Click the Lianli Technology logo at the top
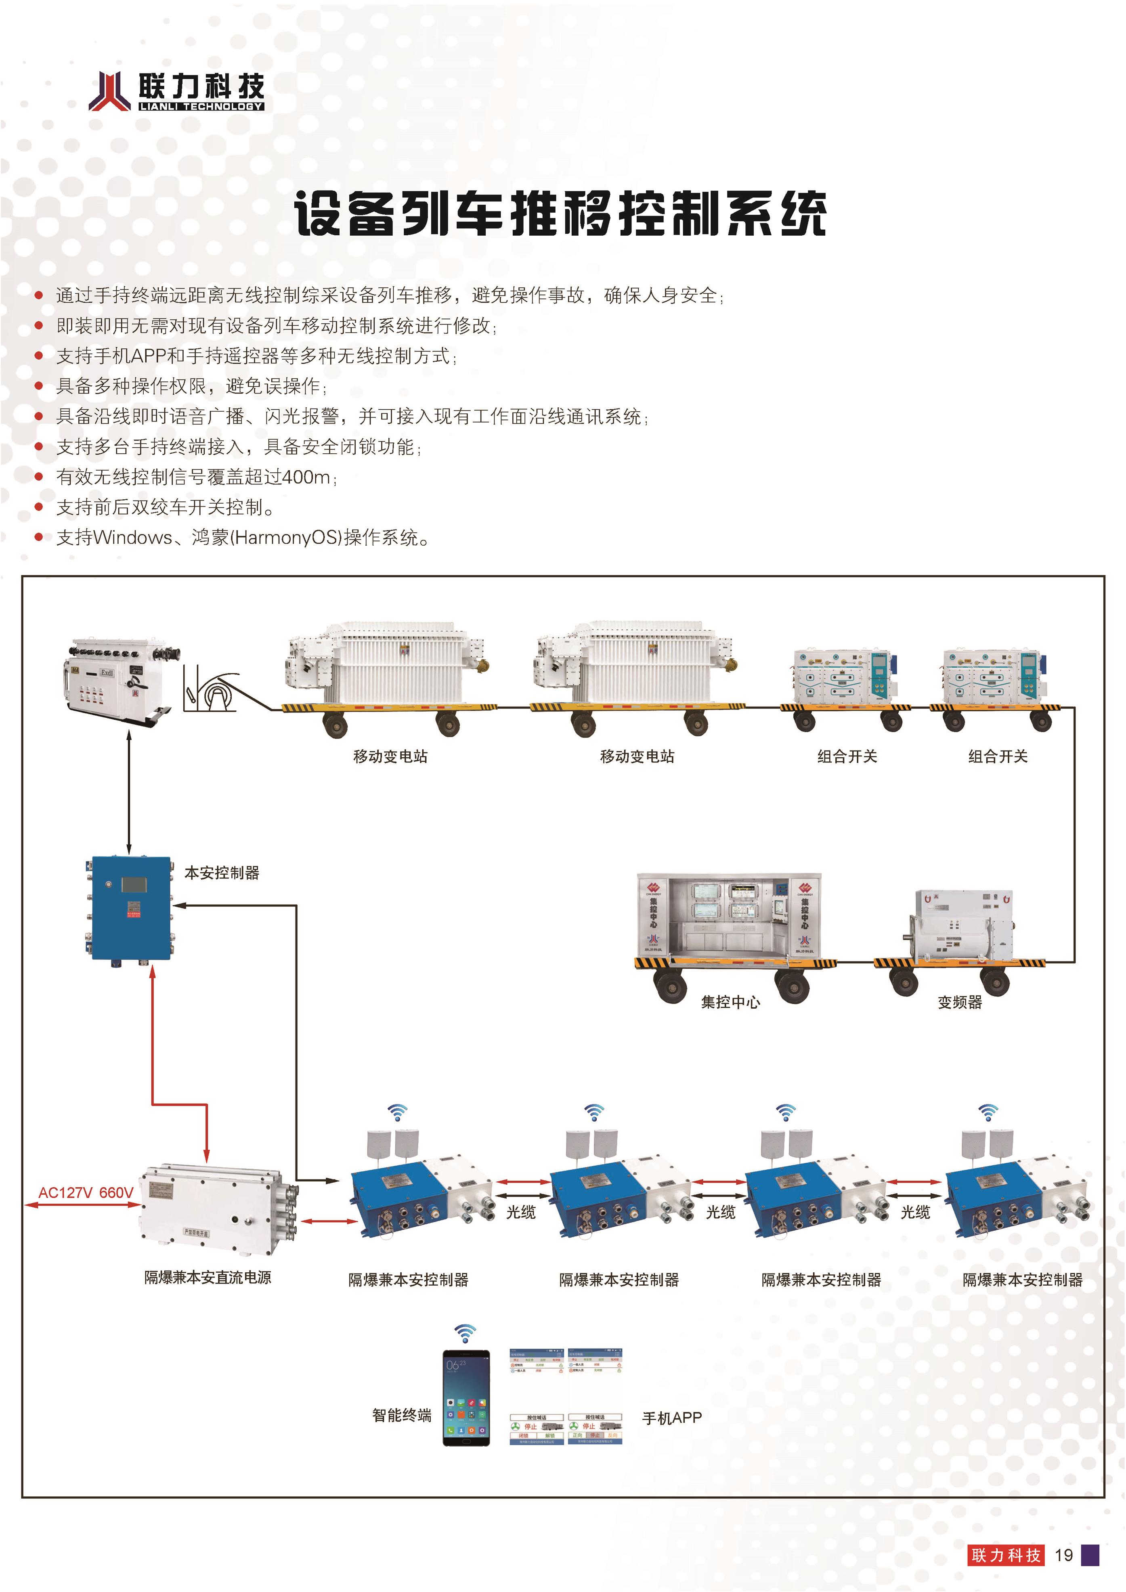coord(177,91)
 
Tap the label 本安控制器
coord(222,873)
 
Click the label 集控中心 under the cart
coord(730,1002)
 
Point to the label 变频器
coord(960,1002)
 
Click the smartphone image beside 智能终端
coord(466,1397)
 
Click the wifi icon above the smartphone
coord(465,1333)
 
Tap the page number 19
coord(1063,1555)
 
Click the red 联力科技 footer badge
coord(1005,1555)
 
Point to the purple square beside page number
coord(1090,1555)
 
